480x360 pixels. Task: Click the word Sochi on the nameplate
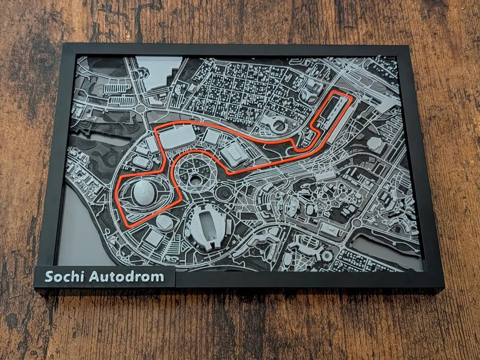(x=61, y=276)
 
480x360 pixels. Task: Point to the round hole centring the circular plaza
(x=194, y=179)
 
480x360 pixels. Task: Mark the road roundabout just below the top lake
(x=141, y=108)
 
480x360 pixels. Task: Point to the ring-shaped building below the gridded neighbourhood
(x=279, y=125)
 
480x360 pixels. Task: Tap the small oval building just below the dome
(x=165, y=222)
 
